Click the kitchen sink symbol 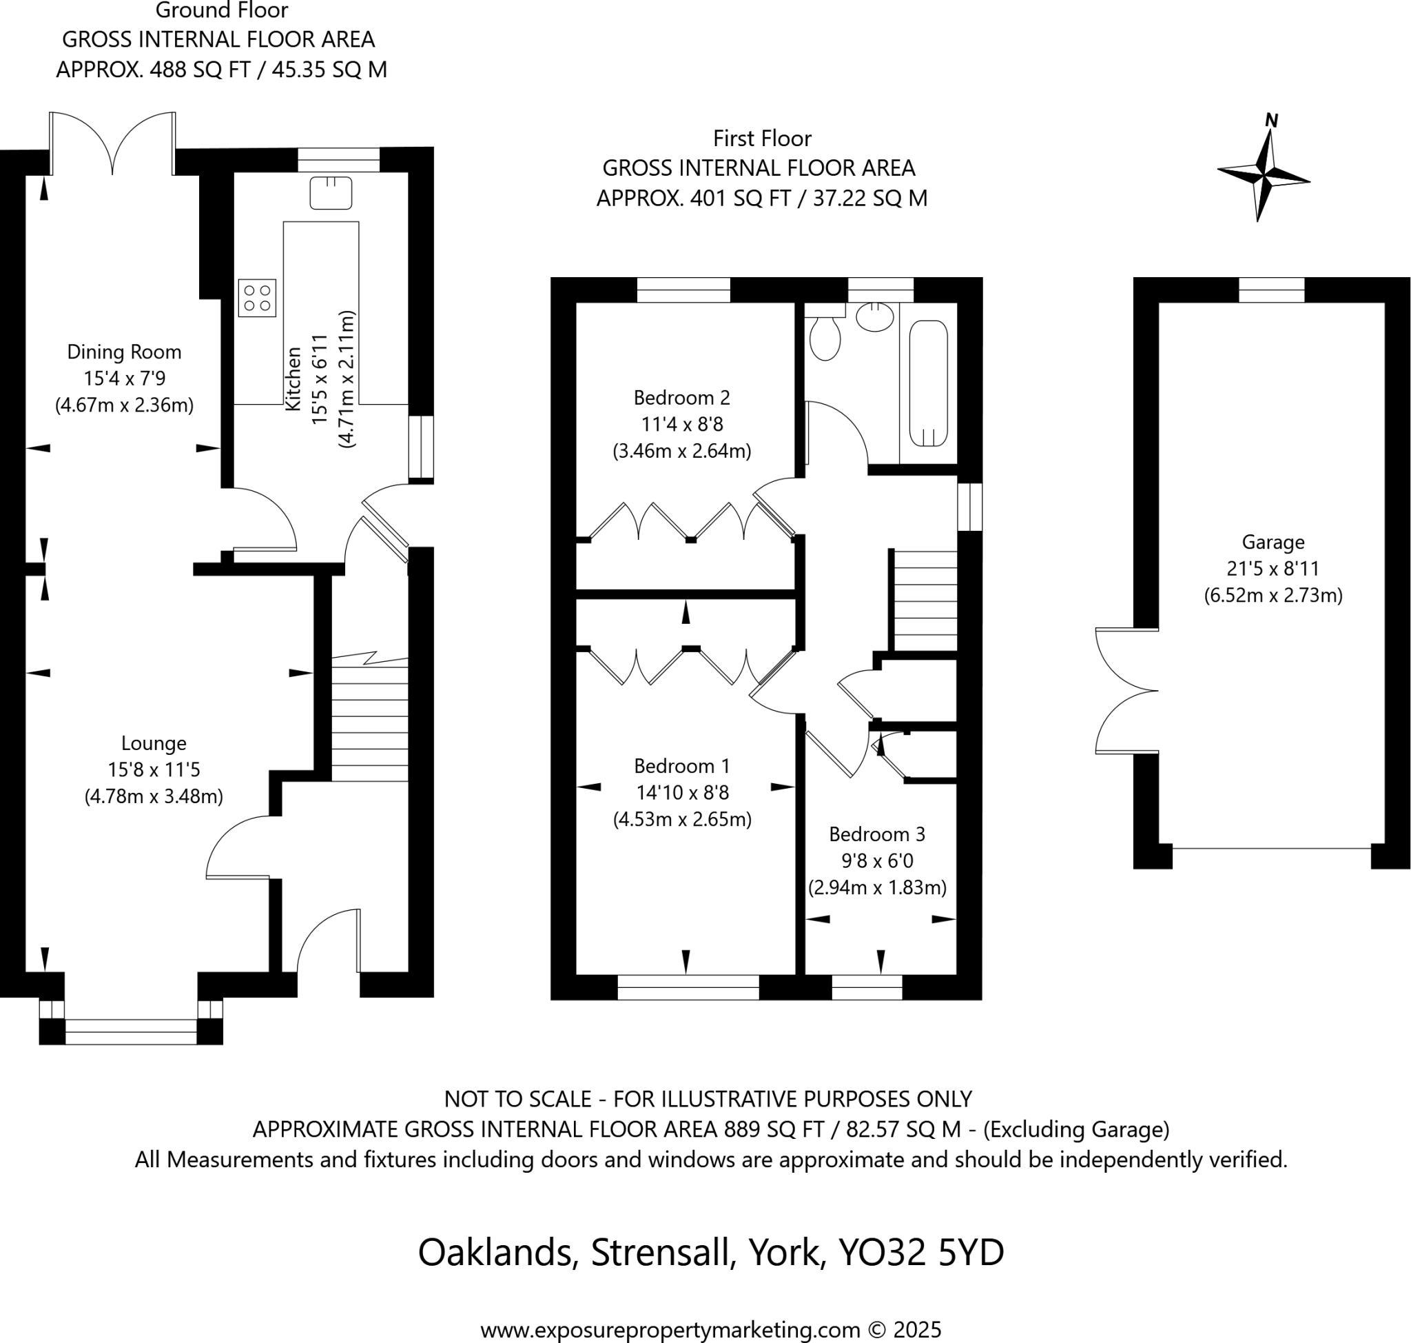(331, 192)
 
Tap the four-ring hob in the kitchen (257, 298)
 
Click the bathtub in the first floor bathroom (928, 384)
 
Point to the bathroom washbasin (874, 316)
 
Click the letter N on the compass (1270, 120)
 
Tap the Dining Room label (125, 352)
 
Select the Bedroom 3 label (876, 834)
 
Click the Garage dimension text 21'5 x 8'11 (1273, 568)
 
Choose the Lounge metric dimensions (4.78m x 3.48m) (154, 796)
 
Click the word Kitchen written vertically (293, 378)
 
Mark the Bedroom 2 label (681, 397)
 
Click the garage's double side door (1126, 691)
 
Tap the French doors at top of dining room (112, 143)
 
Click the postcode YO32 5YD (921, 1252)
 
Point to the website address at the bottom (710, 1330)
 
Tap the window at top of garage (1270, 290)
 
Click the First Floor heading (761, 138)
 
